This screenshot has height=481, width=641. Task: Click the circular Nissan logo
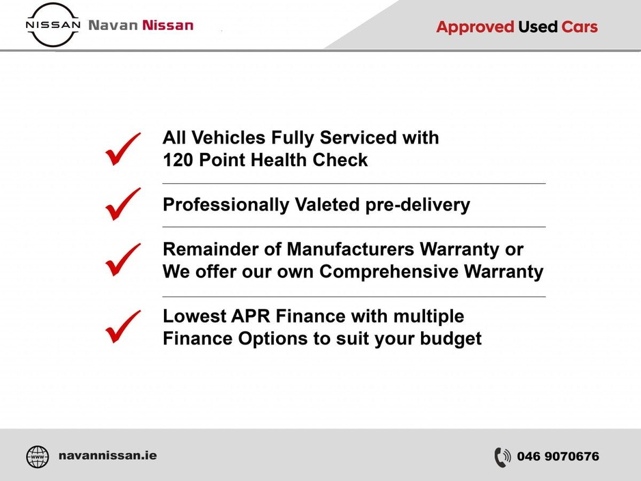point(53,25)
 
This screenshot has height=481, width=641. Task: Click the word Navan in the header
point(113,25)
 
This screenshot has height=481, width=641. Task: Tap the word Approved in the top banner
point(475,27)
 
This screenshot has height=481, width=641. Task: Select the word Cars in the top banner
point(579,27)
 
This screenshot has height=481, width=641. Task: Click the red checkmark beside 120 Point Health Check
point(122,149)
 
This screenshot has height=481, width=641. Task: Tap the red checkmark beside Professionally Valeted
point(122,204)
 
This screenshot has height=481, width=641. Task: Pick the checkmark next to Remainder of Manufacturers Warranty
point(122,260)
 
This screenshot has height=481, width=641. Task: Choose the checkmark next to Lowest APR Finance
point(122,327)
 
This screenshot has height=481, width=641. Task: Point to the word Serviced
point(357,138)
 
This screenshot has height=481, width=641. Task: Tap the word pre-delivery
point(418,205)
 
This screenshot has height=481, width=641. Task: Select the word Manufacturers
point(351,249)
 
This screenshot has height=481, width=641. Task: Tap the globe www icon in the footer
point(37,456)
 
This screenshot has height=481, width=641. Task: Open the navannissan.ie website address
point(107,455)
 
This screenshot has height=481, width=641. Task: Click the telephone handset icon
point(502,457)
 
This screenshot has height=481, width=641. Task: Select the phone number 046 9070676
point(558,456)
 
